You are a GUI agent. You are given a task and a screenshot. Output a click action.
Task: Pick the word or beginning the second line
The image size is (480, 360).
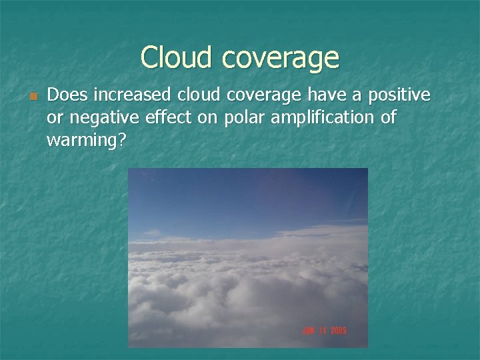pyautogui.click(x=54, y=119)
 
